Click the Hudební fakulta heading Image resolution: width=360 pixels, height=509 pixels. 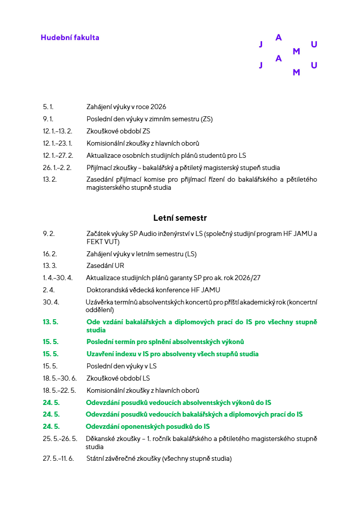coord(70,38)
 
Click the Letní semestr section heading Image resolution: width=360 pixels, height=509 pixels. coord(180,218)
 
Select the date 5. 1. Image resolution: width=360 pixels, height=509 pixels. coord(48,107)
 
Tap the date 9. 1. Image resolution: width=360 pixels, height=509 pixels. coord(48,119)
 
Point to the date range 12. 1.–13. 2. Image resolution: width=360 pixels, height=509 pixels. coord(57,131)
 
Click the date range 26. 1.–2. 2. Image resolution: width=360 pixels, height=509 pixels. coord(57,167)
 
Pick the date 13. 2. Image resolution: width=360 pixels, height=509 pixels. coord(50,180)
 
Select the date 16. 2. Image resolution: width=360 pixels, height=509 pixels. coord(50,254)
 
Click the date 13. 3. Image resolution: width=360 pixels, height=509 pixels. coord(50,266)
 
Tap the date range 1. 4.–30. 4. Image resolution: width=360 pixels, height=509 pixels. coord(58,278)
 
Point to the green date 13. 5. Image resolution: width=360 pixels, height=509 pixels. coord(51,322)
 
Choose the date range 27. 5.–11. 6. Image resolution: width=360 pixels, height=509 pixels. coord(58,459)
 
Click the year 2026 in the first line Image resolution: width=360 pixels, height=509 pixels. coord(158,107)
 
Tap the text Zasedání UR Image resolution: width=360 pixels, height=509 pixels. coord(105,266)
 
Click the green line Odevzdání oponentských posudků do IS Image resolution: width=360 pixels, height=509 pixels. coord(148,427)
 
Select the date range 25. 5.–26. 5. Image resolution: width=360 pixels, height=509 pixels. coord(60,439)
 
